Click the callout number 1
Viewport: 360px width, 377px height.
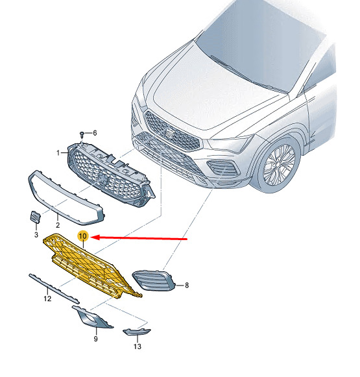(58, 152)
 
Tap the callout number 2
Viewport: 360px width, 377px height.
(58, 225)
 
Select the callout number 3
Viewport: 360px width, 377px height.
(36, 235)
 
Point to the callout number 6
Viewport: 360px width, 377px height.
(95, 133)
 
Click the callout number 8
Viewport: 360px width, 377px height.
(187, 286)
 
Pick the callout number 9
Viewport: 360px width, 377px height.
(95, 339)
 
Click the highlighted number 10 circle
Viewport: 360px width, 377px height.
(83, 236)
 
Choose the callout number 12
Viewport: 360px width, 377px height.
(47, 298)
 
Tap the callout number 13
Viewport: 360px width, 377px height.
(138, 347)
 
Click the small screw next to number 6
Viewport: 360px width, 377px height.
(82, 134)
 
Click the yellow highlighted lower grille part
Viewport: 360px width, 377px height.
(91, 265)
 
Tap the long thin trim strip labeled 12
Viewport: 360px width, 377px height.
(54, 289)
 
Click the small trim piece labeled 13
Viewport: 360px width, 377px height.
(136, 332)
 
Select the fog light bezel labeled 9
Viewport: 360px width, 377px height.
(92, 317)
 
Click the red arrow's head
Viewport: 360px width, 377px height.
(95, 237)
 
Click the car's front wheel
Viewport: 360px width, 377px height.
(279, 165)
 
